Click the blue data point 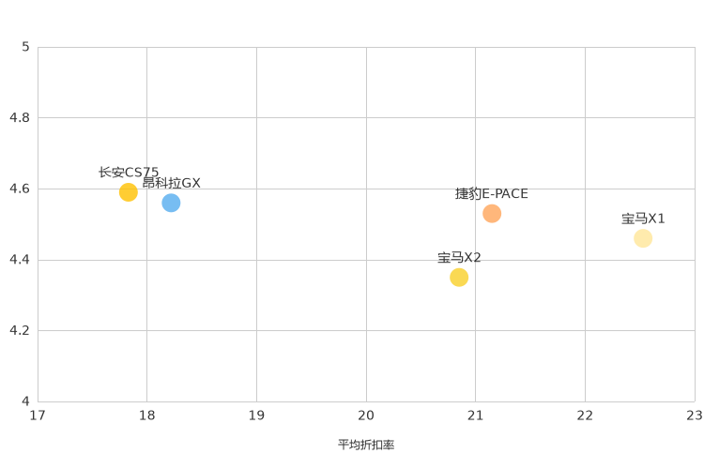pos(171,203)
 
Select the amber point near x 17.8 pos(129,192)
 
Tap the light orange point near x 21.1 pos(492,214)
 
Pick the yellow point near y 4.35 pos(459,277)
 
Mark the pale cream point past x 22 pos(643,238)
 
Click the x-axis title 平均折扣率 pos(366,445)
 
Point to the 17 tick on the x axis pos(38,415)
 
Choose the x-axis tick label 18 pos(147,415)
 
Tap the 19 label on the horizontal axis pos(256,415)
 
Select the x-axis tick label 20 pos(366,415)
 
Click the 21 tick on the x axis pos(475,415)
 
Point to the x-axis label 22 pos(585,415)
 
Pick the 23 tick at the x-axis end pos(694,415)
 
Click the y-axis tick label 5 pos(26,47)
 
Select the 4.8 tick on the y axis pos(20,118)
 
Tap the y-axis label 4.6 pos(20,189)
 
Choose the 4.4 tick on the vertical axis pos(20,260)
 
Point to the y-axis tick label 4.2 pos(20,330)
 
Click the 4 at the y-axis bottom pos(26,401)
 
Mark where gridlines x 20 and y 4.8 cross pos(366,118)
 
